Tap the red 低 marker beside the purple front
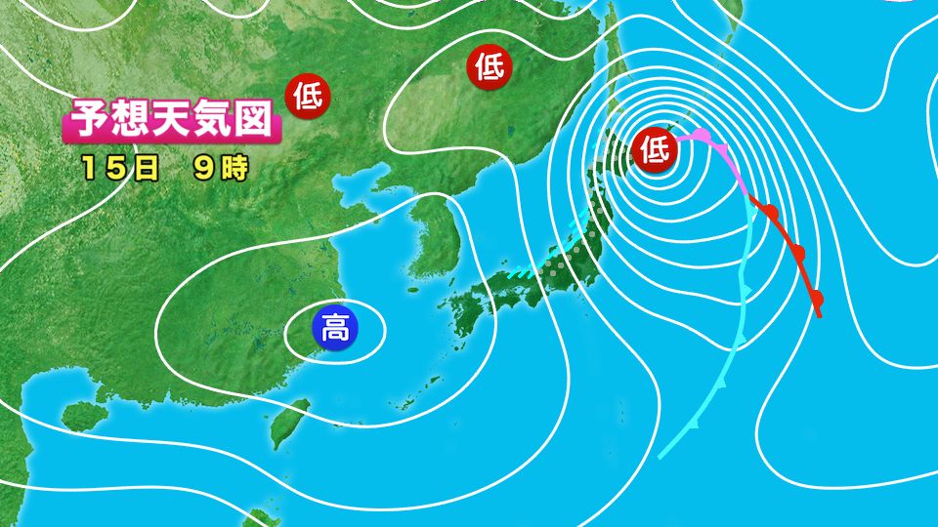click(654, 149)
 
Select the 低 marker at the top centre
click(490, 66)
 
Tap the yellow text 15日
click(120, 167)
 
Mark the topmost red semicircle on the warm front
click(771, 212)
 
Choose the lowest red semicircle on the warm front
click(816, 298)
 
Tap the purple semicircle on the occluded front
click(703, 135)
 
